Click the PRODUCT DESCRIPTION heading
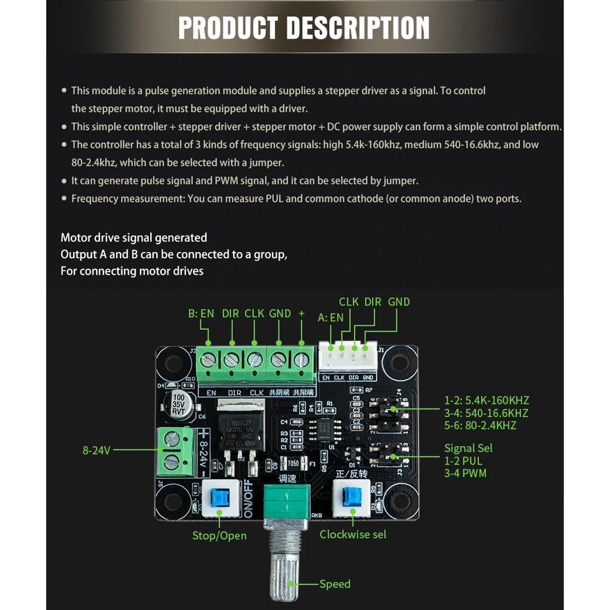coord(304,28)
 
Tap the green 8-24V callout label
coord(96,451)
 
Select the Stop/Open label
coord(219,535)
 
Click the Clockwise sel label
coord(353,534)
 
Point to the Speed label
coord(335,584)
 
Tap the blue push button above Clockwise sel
coord(352,497)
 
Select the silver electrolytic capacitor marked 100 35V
coord(178,404)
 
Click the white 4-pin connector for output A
coord(347,358)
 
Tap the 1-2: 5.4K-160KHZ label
coord(486,400)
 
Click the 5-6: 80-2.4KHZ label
coord(480,426)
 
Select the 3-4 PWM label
coord(465,474)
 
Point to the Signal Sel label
coord(468,448)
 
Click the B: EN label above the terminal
coord(201,314)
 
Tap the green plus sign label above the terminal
coord(301,314)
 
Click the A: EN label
coord(330,317)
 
